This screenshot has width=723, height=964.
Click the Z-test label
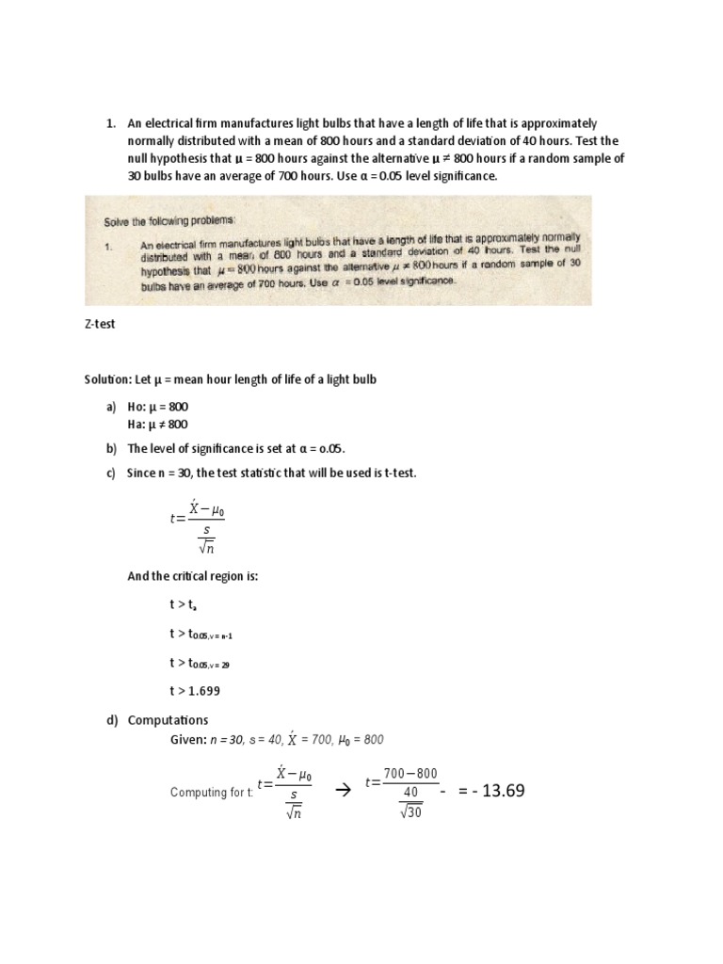[x=100, y=324]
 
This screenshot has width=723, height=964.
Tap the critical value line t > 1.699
[x=197, y=690]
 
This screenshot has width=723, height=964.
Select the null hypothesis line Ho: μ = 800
[x=158, y=406]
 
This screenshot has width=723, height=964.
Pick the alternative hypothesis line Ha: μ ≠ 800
[x=158, y=424]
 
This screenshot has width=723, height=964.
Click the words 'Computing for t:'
[x=211, y=793]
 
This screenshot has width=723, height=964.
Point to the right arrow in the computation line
[x=343, y=792]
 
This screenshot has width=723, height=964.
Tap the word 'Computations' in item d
[x=168, y=720]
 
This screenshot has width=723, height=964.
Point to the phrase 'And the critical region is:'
[x=192, y=576]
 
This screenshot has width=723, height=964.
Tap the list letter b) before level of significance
[x=111, y=449]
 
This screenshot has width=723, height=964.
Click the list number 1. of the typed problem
[x=110, y=123]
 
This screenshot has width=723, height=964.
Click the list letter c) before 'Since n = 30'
[x=111, y=473]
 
